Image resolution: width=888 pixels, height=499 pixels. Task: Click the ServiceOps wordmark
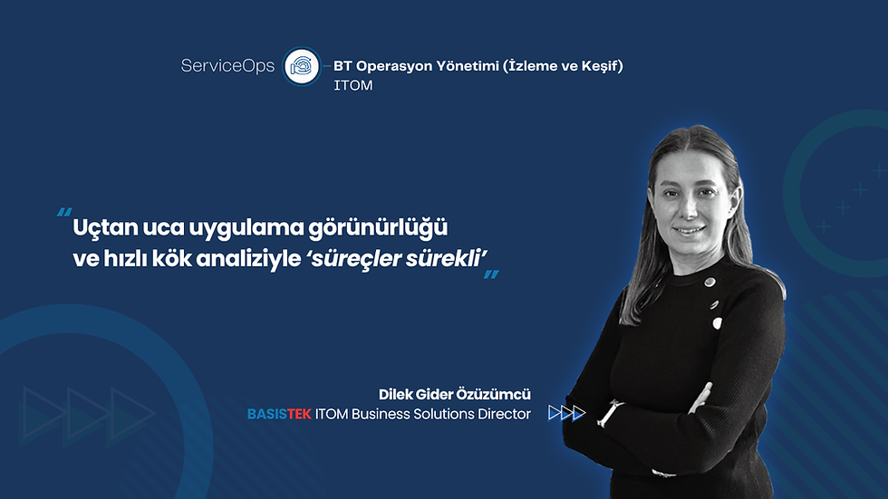tap(227, 66)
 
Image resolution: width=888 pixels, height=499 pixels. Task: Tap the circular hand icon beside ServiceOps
tap(302, 66)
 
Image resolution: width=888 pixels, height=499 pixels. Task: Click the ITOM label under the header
tap(352, 85)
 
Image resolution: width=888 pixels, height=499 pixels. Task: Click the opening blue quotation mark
tap(64, 213)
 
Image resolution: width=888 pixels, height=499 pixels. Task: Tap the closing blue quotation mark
tap(491, 274)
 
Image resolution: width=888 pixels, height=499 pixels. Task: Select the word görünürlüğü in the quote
tap(378, 228)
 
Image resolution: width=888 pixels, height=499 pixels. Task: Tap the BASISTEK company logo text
tap(279, 414)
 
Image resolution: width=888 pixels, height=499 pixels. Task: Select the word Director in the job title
tap(504, 414)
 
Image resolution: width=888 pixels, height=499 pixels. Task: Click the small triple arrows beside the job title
tap(567, 413)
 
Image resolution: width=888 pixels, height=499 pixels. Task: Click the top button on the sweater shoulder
tap(709, 282)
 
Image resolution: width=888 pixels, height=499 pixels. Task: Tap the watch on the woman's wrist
tap(610, 413)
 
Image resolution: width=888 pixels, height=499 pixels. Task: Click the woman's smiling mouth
tap(690, 231)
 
